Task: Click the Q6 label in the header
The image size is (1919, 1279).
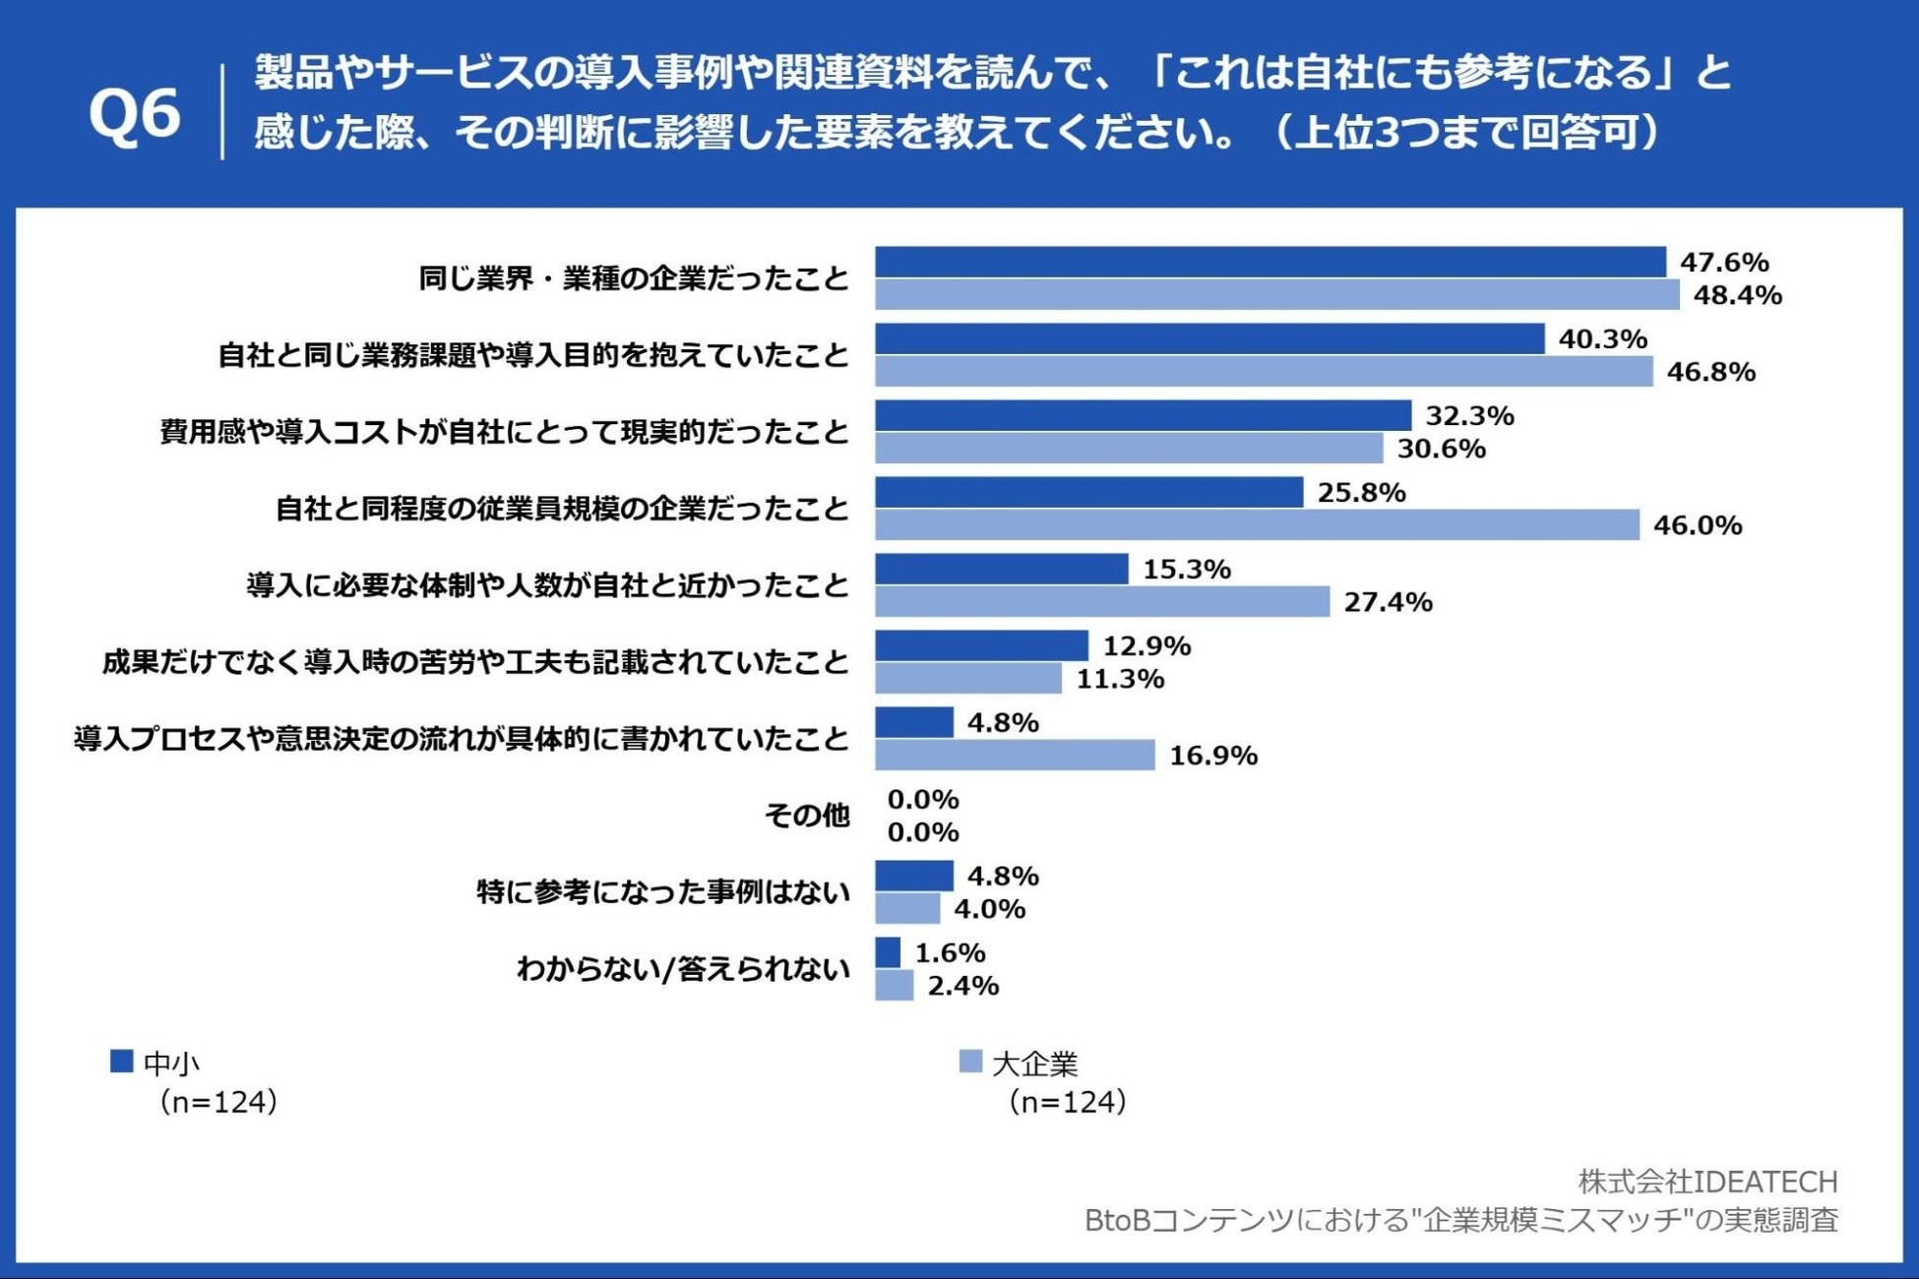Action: point(135,113)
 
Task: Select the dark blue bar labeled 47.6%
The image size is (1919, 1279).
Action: point(1269,263)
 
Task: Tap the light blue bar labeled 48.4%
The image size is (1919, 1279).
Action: point(1276,295)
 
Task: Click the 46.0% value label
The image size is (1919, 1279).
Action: point(1697,525)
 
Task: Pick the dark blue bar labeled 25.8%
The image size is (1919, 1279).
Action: point(1088,493)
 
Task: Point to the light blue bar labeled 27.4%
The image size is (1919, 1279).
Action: point(1102,602)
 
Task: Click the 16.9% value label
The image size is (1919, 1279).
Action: point(1212,756)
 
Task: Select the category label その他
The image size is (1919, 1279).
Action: point(806,815)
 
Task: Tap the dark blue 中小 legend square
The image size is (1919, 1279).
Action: point(121,1062)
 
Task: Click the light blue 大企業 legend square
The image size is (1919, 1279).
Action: point(970,1062)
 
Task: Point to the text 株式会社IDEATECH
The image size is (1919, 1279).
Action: point(1707,1181)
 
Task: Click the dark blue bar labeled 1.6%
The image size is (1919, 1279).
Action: point(888,952)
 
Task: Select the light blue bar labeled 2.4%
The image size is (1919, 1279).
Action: point(894,986)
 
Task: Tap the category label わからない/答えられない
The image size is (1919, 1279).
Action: point(683,969)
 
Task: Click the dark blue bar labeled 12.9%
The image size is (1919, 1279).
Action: point(981,646)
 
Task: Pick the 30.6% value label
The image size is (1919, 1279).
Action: point(1441,449)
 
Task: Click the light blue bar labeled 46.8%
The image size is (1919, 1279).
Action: point(1264,372)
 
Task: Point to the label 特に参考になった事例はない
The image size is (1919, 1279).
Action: point(662,892)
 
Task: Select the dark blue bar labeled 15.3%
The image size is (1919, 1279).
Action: point(1001,570)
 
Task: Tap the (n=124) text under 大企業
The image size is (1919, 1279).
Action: point(1067,1102)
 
